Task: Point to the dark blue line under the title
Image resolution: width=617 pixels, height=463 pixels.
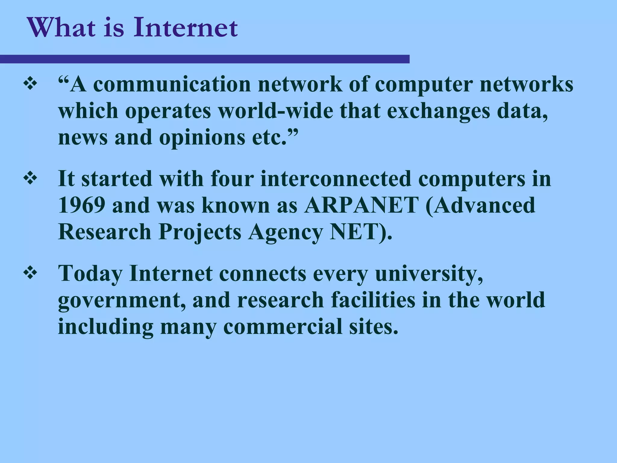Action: [205, 59]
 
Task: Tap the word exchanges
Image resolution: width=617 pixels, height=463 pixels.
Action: [438, 111]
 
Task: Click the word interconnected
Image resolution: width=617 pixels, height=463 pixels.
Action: [336, 179]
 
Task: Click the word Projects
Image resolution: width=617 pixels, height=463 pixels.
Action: [200, 232]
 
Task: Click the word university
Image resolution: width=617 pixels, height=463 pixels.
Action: [429, 274]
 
